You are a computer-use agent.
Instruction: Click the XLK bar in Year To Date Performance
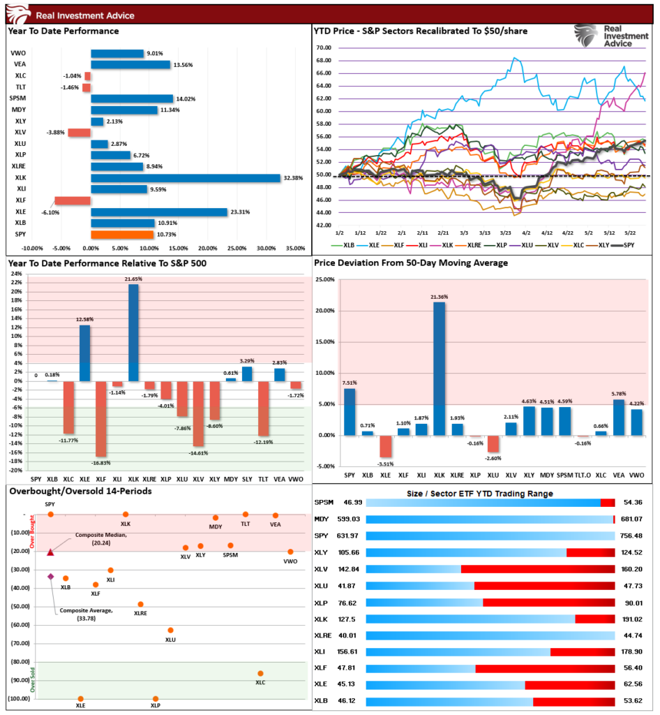186,178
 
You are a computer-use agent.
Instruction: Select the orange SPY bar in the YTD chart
122,235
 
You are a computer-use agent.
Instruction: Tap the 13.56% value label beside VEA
183,65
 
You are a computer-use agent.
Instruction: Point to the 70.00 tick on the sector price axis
324,48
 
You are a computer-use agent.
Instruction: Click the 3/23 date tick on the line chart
505,233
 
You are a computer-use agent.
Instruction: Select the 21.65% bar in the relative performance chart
133,332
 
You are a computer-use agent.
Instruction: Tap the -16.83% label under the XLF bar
100,463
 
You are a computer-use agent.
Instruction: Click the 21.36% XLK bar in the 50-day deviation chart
439,369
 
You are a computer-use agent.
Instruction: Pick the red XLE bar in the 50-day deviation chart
385,446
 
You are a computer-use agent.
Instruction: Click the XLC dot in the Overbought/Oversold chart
260,674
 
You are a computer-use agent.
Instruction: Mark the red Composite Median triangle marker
50,552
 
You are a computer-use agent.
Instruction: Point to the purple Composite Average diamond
50,577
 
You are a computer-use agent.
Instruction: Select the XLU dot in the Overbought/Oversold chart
170,631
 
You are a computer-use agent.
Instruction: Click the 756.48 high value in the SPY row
631,536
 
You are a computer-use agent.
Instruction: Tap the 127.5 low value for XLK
347,619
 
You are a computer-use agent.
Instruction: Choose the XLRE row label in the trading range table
322,635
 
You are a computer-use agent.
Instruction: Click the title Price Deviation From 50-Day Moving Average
411,263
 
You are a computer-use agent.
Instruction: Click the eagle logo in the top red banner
18,14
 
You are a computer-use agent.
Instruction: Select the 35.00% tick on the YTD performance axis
296,249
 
